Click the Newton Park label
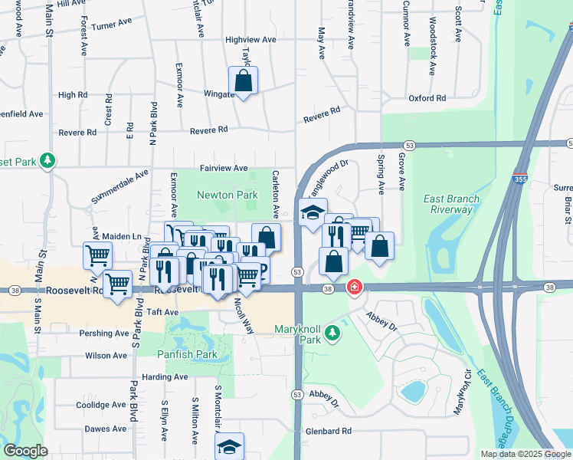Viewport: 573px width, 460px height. pyautogui.click(x=227, y=195)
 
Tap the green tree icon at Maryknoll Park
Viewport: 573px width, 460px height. pyautogui.click(x=331, y=333)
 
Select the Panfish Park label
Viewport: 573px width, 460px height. pyautogui.click(x=187, y=355)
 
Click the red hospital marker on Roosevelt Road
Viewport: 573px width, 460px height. pyautogui.click(x=354, y=288)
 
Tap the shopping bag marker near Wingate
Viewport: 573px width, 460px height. pyautogui.click(x=243, y=80)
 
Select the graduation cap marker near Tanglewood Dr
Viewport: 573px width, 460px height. pyautogui.click(x=313, y=212)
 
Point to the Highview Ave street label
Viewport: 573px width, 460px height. pyautogui.click(x=250, y=39)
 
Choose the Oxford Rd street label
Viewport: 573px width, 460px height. pyautogui.click(x=427, y=98)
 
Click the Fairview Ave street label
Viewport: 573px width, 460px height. pyautogui.click(x=224, y=168)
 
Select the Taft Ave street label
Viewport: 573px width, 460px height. pyautogui.click(x=162, y=313)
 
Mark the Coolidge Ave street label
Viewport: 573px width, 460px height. pyautogui.click(x=101, y=405)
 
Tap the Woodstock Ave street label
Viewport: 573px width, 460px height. pyautogui.click(x=433, y=46)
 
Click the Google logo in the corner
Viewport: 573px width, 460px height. pyautogui.click(x=25, y=450)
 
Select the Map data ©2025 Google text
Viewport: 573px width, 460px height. pyautogui.click(x=525, y=454)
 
